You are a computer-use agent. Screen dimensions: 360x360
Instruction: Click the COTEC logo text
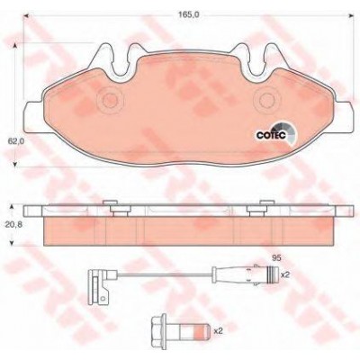[270, 136]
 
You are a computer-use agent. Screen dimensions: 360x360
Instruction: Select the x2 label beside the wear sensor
[284, 274]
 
